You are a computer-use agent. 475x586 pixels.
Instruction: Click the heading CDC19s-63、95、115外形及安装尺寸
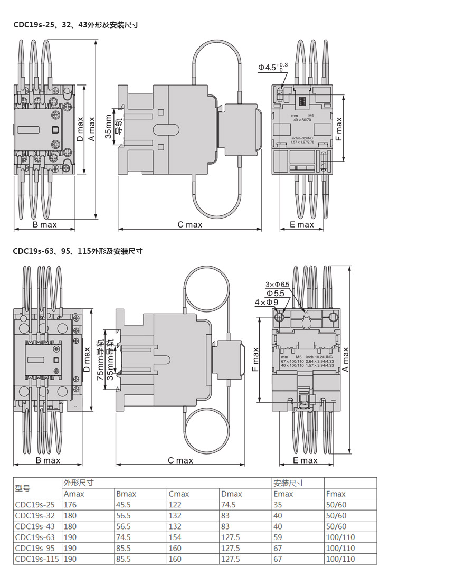tap(78, 251)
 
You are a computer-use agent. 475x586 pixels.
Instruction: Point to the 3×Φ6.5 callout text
tap(277, 285)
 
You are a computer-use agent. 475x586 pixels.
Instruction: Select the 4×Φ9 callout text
tap(267, 302)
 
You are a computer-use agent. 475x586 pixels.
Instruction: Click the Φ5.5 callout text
tap(275, 293)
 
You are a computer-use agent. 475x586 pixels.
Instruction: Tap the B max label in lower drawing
tap(48, 460)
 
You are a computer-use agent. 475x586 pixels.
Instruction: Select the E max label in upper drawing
tap(302, 225)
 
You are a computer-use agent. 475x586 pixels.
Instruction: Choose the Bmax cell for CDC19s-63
tap(123, 537)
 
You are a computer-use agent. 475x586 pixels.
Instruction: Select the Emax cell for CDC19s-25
tap(278, 505)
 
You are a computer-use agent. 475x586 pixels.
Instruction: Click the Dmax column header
tap(232, 494)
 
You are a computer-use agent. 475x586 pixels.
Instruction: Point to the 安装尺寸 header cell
tap(289, 483)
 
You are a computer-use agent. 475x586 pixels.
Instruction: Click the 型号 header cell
tap(23, 488)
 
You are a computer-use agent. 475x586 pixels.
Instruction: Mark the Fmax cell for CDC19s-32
tap(336, 516)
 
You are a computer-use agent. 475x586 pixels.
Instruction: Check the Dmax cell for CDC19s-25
tap(229, 505)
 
